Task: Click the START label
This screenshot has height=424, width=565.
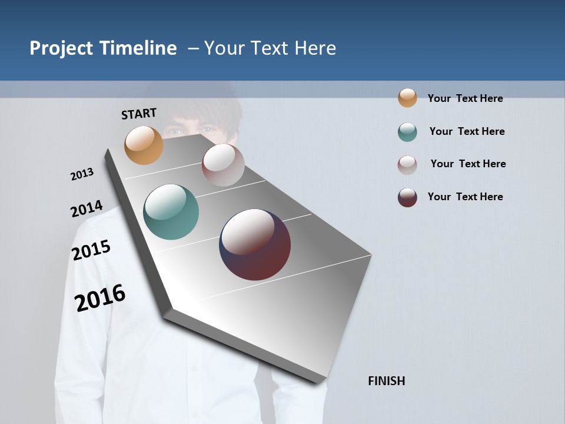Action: [139, 113]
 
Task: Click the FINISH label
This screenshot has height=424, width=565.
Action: [386, 381]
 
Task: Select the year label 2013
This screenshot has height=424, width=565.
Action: [82, 174]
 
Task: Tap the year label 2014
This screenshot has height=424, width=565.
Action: [87, 209]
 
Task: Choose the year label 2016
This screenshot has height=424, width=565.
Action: [100, 297]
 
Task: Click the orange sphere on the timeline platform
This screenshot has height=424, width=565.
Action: [144, 145]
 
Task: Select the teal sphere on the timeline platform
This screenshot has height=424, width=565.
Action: [171, 212]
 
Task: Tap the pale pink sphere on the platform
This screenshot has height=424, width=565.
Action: [223, 165]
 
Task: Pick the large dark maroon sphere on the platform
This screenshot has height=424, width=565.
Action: [255, 244]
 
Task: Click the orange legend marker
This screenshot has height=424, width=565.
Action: [407, 98]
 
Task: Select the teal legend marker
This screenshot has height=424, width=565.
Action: [407, 132]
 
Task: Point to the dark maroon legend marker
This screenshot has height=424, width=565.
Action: [407, 197]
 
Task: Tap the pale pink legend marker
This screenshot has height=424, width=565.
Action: [407, 165]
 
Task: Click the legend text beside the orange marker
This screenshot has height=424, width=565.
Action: [465, 98]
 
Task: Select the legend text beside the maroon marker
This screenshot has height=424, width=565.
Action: [465, 197]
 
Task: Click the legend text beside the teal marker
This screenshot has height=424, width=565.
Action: [467, 131]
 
